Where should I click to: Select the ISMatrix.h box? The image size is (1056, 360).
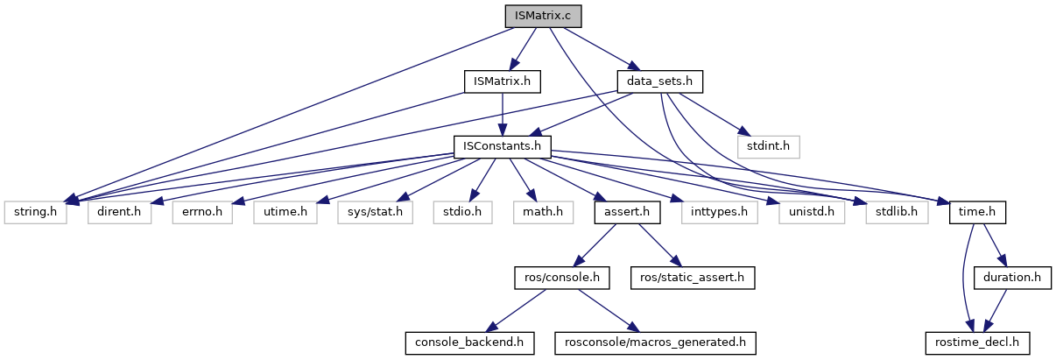[502, 81]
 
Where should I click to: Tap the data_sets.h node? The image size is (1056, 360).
[660, 81]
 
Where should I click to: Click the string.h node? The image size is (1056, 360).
[36, 212]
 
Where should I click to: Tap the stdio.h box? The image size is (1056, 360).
[461, 212]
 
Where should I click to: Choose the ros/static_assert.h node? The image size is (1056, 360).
[692, 278]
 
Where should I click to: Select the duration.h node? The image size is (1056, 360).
[1012, 278]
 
